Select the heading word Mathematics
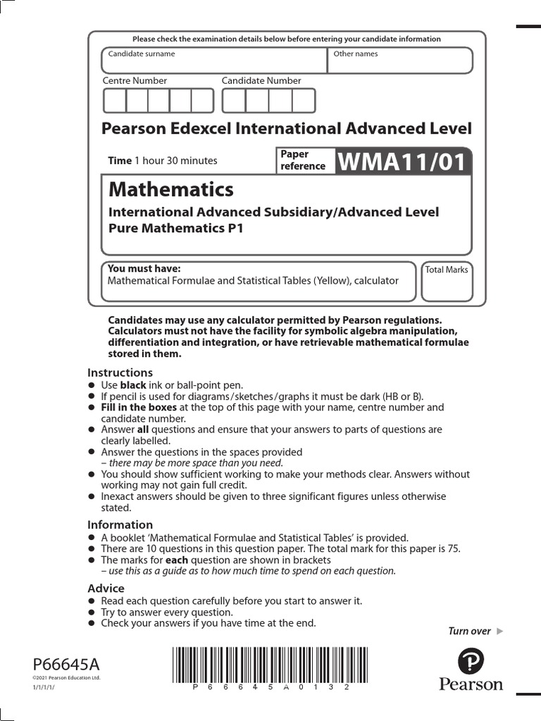tap(171, 189)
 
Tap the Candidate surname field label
tap(142, 54)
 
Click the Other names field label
tap(355, 54)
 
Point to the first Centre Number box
tap(114, 101)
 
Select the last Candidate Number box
tap(304, 101)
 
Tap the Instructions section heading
tap(120, 372)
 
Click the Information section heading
tap(120, 525)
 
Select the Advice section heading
tap(106, 588)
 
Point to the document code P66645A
tap(67, 664)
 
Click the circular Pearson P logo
tap(471, 662)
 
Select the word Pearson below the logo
tap(471, 684)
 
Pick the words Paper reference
tap(303, 160)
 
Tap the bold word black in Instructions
tap(133, 385)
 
